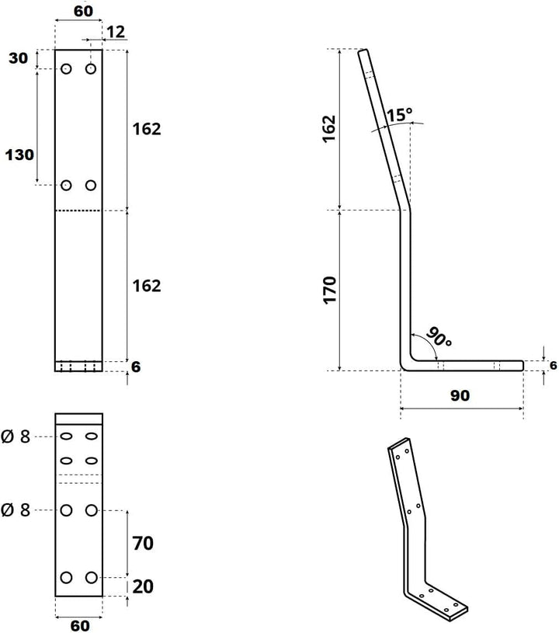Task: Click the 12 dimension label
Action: tap(116, 32)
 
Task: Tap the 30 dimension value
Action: tap(18, 58)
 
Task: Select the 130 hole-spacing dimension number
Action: tap(19, 155)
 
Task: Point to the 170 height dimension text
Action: tap(329, 290)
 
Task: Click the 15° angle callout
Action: tap(400, 115)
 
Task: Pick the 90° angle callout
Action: tap(439, 337)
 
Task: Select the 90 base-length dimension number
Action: tap(460, 395)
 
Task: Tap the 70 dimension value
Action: tap(143, 544)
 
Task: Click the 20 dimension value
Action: tap(143, 586)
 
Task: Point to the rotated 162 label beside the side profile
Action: tap(329, 128)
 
